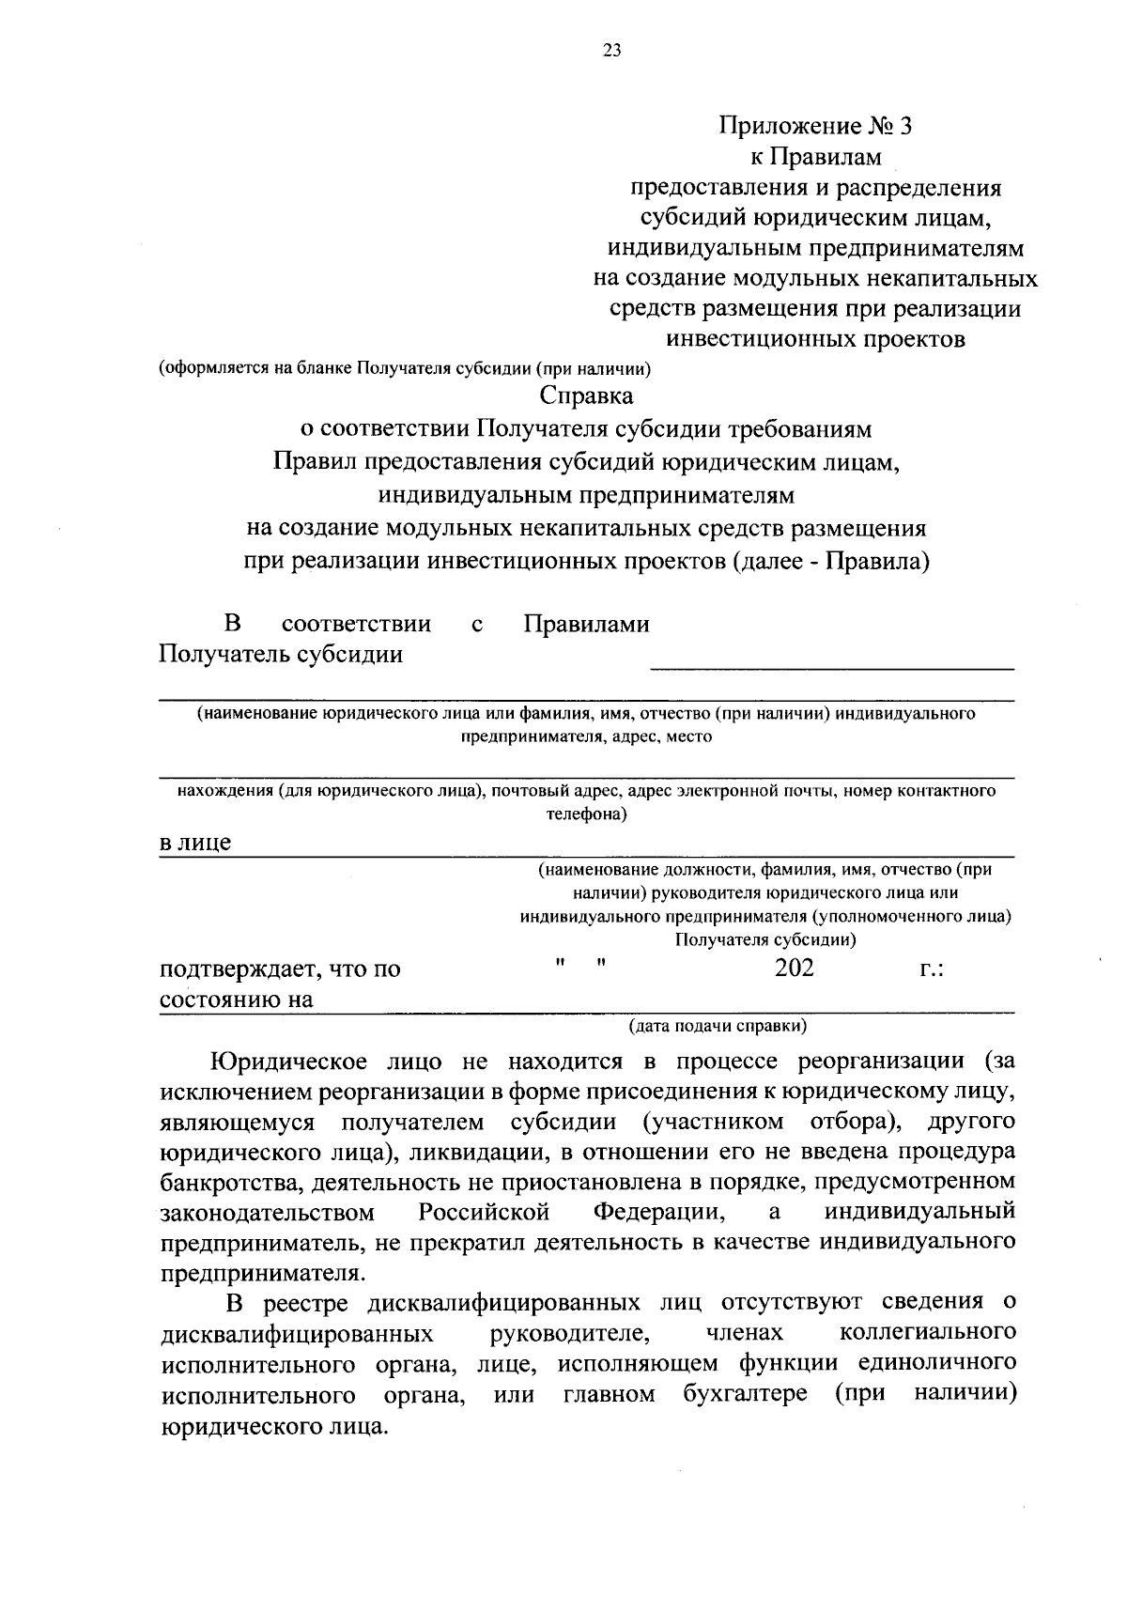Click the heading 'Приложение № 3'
(x=815, y=126)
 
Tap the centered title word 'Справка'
(x=586, y=396)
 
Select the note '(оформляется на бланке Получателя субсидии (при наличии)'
(x=405, y=368)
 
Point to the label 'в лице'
(x=195, y=843)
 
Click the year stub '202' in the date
(x=794, y=968)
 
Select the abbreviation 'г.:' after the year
(x=932, y=969)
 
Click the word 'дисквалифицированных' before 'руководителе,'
(x=297, y=1333)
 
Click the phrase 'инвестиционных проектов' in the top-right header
(x=815, y=339)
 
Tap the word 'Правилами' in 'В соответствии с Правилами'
(x=586, y=624)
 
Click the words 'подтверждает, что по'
(x=280, y=969)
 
